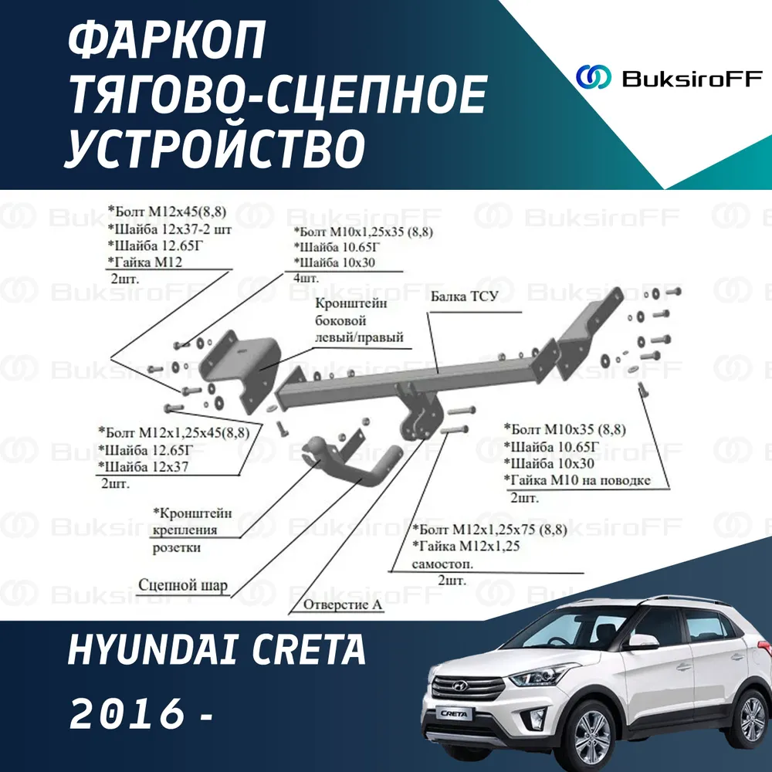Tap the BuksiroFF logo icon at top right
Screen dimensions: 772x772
tap(593, 77)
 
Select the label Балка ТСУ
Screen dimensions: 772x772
tap(464, 296)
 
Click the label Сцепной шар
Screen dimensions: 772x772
tap(183, 585)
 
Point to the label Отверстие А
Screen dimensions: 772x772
tap(343, 604)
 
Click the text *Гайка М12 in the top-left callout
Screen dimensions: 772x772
tap(145, 262)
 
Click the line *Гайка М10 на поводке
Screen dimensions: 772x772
tap(577, 480)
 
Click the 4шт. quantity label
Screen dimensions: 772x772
tap(306, 278)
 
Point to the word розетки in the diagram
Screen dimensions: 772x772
tap(176, 547)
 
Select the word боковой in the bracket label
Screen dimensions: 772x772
tap(340, 320)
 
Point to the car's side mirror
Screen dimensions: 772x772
tap(642, 642)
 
